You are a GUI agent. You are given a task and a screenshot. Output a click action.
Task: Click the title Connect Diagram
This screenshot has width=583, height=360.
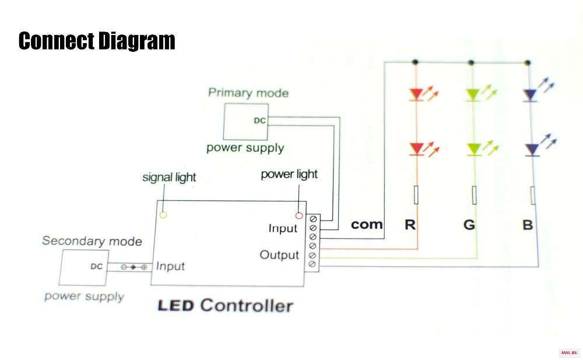tap(97, 41)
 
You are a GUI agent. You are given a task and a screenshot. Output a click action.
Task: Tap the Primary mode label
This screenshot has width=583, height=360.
tap(248, 93)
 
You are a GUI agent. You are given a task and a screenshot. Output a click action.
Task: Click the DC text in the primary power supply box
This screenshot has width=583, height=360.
tap(259, 121)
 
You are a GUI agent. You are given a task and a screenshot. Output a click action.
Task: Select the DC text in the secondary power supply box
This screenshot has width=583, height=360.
tap(96, 266)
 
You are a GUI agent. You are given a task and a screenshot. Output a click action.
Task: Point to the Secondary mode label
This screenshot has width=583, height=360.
tap(92, 241)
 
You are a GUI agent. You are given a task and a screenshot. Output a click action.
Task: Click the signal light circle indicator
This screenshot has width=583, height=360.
tap(163, 215)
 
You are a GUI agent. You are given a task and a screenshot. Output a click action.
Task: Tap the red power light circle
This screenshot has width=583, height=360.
tap(298, 216)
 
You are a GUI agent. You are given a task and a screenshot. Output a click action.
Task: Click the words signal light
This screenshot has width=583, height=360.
tap(169, 178)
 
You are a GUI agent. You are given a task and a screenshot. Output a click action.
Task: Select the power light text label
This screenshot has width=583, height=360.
tap(289, 174)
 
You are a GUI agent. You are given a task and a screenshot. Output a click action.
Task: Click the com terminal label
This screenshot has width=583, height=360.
tap(367, 224)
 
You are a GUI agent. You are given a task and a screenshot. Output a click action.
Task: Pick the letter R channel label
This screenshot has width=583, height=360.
tap(410, 224)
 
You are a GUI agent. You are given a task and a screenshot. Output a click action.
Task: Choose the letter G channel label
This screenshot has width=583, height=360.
tap(469, 224)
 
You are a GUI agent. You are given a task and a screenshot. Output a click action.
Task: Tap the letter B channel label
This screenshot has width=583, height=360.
tap(528, 225)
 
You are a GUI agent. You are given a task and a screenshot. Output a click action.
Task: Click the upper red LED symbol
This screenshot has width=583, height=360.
tap(416, 94)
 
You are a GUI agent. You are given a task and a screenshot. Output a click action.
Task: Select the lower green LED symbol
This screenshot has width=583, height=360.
tap(473, 149)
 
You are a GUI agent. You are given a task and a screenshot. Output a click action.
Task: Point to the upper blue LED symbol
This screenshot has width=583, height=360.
tap(529, 95)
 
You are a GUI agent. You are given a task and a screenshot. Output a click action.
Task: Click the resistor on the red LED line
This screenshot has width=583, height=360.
tap(416, 195)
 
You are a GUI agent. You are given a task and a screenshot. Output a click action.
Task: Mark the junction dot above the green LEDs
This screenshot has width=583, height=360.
tap(471, 62)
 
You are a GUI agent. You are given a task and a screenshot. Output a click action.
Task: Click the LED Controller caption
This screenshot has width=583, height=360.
tap(225, 306)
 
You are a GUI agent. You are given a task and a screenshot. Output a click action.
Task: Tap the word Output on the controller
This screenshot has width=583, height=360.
tap(279, 255)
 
